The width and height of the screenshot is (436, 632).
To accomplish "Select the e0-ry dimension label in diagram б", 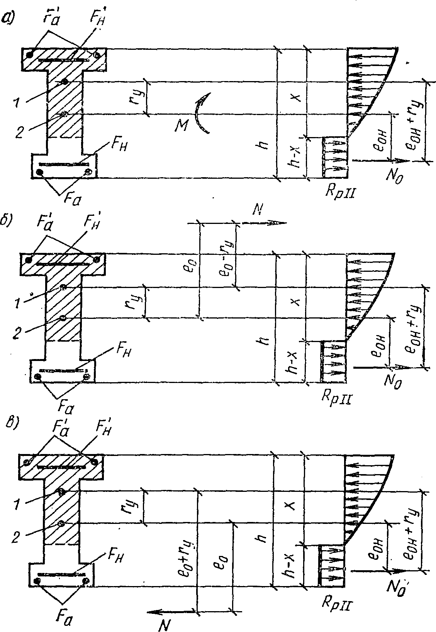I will point(224,258).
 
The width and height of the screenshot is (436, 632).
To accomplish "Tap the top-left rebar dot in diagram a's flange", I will point(29,54).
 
